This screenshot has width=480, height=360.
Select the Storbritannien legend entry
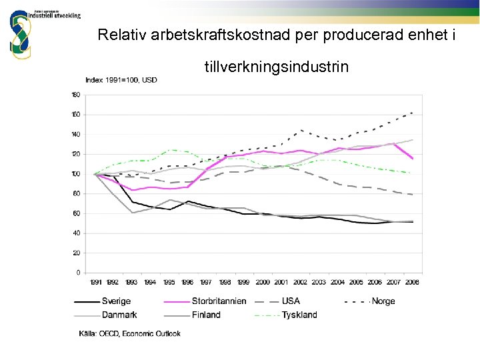[x=219, y=301]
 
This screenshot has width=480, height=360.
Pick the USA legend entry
[x=291, y=301]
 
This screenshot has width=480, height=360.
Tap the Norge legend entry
[x=383, y=301]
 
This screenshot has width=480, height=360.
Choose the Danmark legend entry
[x=120, y=315]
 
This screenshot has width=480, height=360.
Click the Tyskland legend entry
[x=299, y=315]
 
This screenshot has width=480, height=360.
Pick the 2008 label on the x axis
[x=413, y=282]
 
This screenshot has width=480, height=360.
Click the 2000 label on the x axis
[x=263, y=282]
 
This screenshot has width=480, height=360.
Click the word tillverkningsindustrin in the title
[x=276, y=67]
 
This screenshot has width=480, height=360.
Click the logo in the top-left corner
[x=20, y=33]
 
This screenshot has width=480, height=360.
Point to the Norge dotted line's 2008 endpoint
[x=413, y=112]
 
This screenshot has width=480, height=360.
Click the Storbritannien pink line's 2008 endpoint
[x=413, y=159]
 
